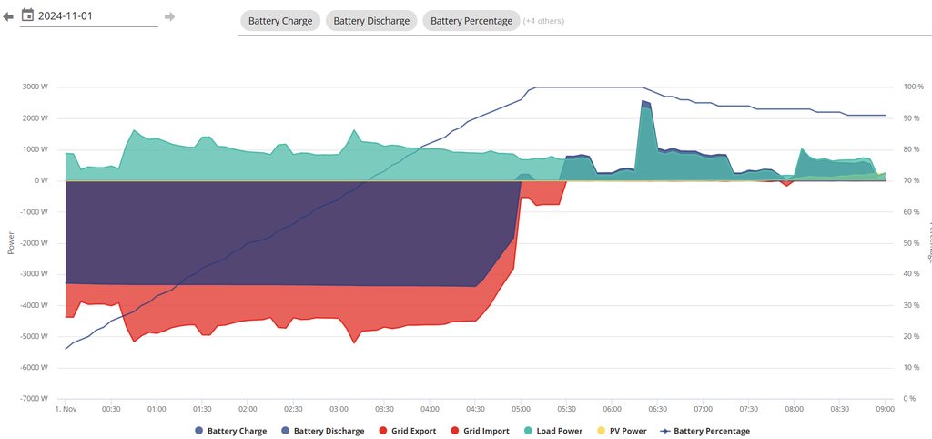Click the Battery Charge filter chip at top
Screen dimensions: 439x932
[x=280, y=21]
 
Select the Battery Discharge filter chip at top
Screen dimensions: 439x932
[x=371, y=21]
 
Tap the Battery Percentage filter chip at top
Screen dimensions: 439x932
[x=471, y=21]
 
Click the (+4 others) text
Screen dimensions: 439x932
[x=543, y=21]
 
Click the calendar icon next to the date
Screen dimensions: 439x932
[x=27, y=15]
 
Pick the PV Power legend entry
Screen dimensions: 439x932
[x=623, y=431]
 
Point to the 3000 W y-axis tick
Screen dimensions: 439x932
[x=35, y=87]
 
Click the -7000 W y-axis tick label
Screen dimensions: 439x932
[x=34, y=399]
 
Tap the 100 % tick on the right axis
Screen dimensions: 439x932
[x=913, y=87]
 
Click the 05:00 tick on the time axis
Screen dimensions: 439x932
[x=521, y=409]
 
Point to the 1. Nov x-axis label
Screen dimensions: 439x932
[x=66, y=409]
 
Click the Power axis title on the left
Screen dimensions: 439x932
[x=11, y=242]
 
